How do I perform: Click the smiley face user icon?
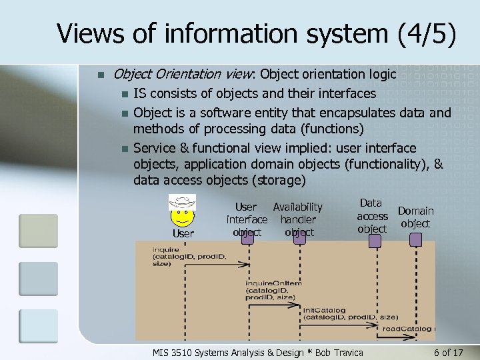[x=182, y=212]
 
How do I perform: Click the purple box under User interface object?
[x=247, y=236]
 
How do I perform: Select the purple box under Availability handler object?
[x=299, y=236]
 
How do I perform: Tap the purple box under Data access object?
[x=375, y=241]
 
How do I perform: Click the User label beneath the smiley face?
[x=183, y=233]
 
